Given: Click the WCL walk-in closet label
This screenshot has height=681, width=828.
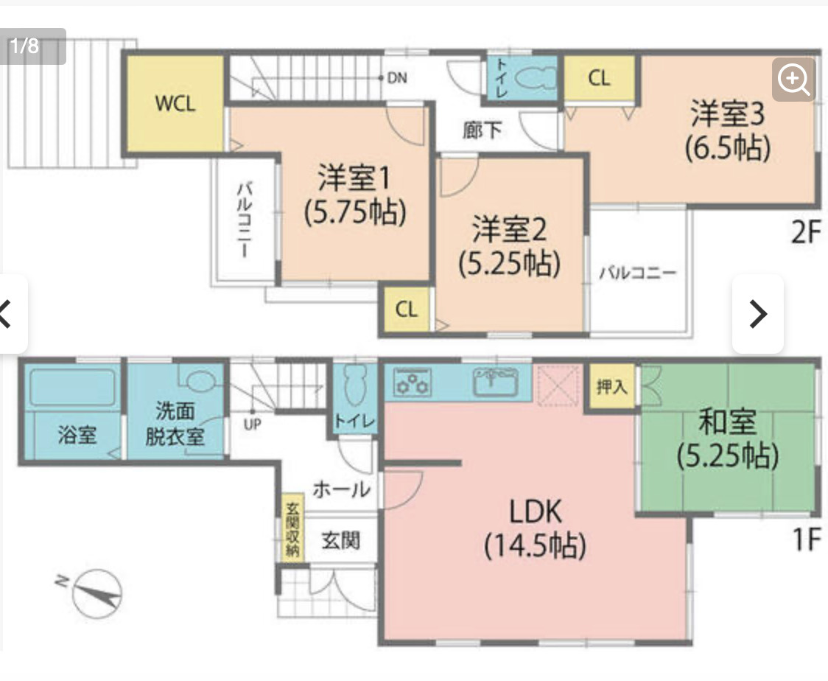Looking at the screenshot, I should (175, 103).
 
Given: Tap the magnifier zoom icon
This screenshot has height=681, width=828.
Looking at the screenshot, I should (793, 78).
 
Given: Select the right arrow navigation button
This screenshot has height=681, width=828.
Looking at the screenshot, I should (757, 314).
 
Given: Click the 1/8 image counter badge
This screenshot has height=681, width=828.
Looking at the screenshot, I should (27, 46).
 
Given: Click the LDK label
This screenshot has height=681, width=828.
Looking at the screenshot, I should (535, 511).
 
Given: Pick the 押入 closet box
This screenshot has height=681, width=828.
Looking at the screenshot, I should (612, 386).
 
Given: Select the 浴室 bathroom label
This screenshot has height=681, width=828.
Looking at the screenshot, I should (77, 434).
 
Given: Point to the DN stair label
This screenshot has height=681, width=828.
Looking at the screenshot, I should (397, 77).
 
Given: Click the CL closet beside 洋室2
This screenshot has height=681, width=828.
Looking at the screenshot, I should (406, 310).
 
